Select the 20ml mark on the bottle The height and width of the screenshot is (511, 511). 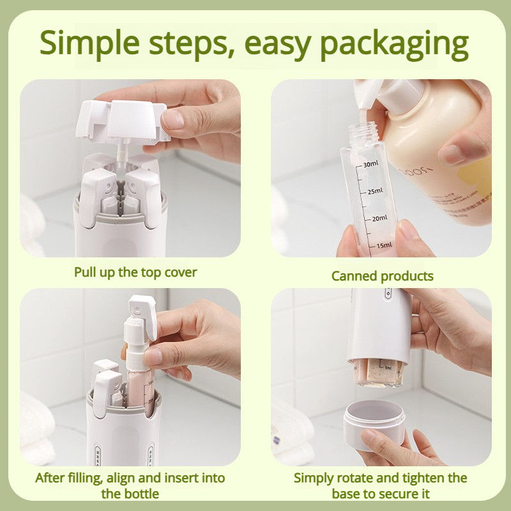click(378, 218)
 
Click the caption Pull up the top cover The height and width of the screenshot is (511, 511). click(135, 272)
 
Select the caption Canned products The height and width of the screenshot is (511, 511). click(382, 276)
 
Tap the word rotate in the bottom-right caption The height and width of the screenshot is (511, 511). click(358, 478)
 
